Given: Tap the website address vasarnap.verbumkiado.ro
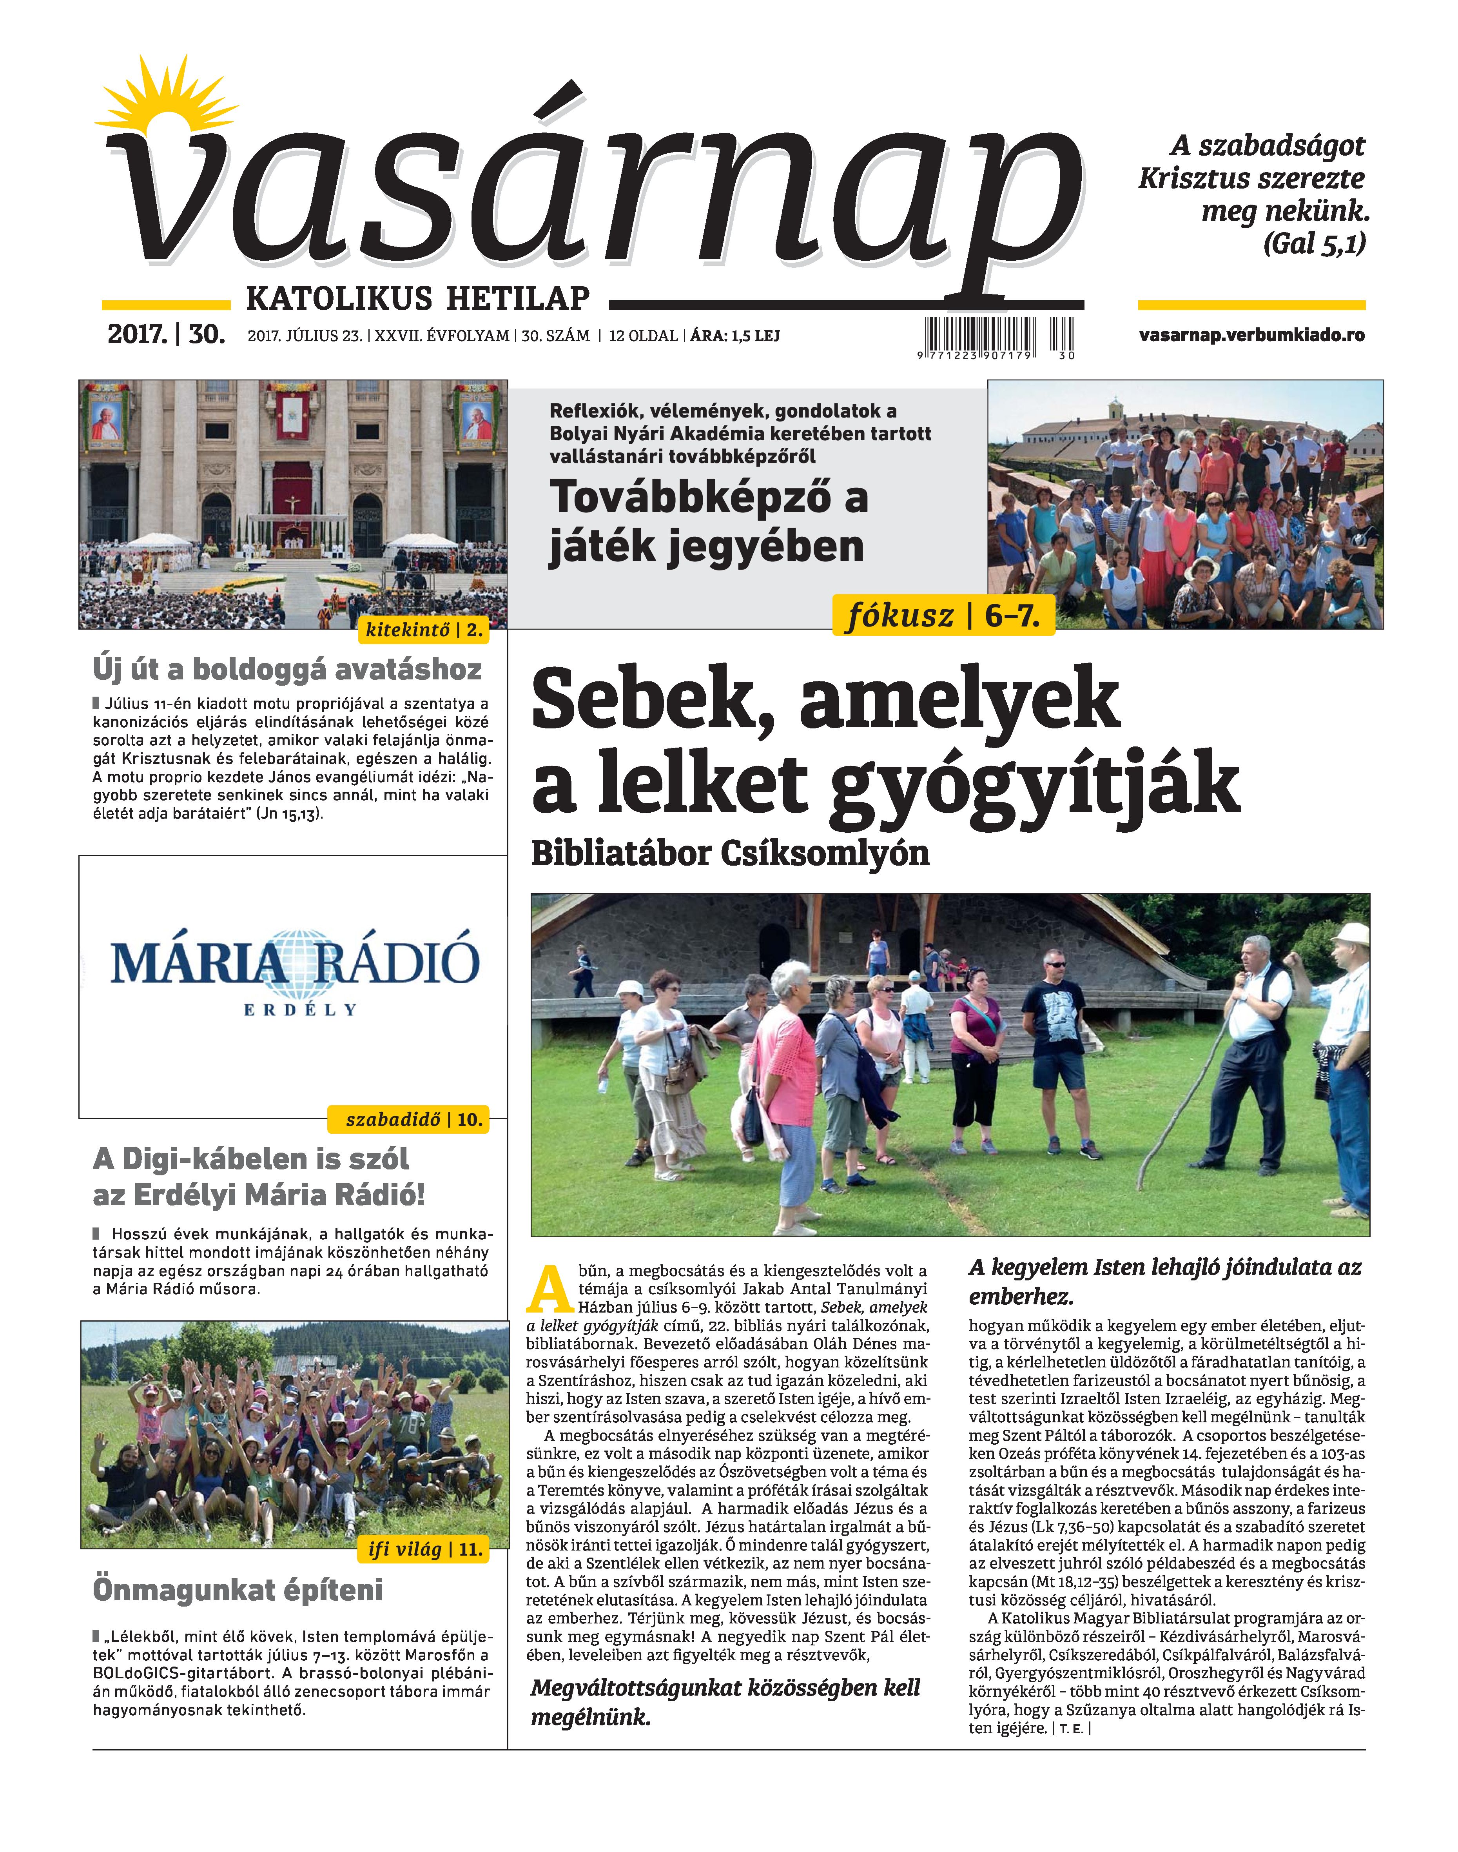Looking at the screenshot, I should (x=1251, y=335).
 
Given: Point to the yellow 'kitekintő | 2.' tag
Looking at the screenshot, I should (x=424, y=630).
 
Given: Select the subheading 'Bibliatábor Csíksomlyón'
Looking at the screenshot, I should (x=730, y=853).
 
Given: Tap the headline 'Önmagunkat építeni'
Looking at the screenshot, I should (x=237, y=1590).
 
